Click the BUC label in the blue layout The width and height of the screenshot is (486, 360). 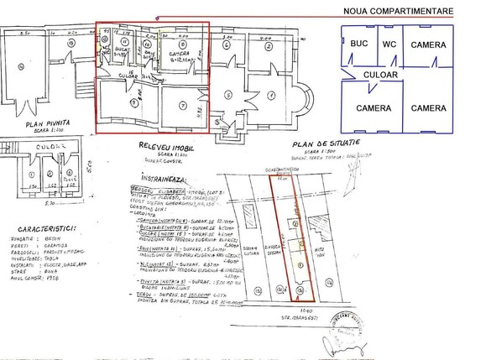click(360, 42)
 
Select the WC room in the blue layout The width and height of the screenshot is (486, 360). click(389, 42)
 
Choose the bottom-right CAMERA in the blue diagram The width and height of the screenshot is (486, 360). click(433, 108)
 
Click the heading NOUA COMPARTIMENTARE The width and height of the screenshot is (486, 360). click(398, 11)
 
